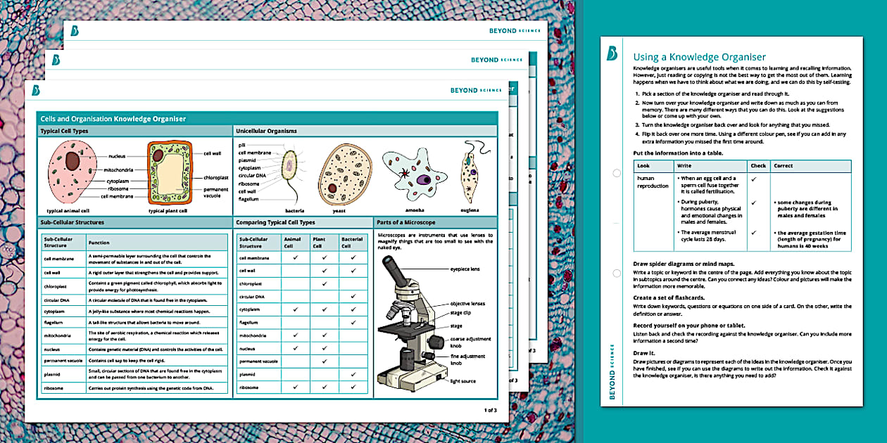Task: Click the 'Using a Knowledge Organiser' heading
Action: [699, 57]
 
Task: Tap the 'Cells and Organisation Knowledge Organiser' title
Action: [113, 119]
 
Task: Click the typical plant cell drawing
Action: [170, 173]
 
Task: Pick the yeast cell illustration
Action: [344, 174]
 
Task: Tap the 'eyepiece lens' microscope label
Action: [465, 269]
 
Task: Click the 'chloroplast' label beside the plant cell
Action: [215, 177]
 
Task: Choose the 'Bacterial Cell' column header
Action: [352, 243]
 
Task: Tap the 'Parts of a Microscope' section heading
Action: [406, 223]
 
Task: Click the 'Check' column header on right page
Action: [758, 166]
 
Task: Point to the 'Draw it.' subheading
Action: [643, 354]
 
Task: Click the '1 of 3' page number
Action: [490, 409]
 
